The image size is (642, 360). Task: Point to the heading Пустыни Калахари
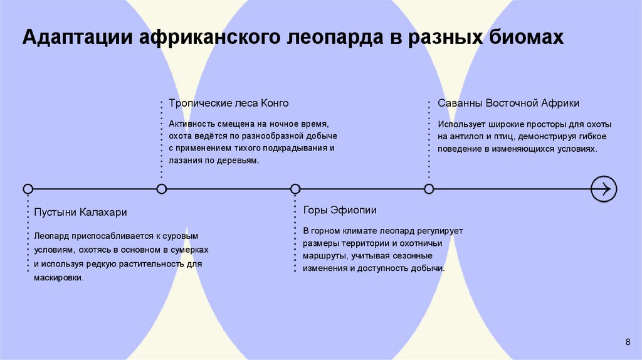coord(80,213)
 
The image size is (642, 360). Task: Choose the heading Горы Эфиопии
coord(340,210)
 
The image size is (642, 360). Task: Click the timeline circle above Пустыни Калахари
coord(28,189)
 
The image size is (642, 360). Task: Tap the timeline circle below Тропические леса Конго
coord(162,189)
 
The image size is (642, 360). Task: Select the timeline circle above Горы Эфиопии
coord(295,189)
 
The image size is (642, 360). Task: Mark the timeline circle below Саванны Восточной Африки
coord(429,189)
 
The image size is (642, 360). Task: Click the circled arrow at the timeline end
coord(604,189)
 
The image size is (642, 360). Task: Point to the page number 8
coord(628,341)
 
